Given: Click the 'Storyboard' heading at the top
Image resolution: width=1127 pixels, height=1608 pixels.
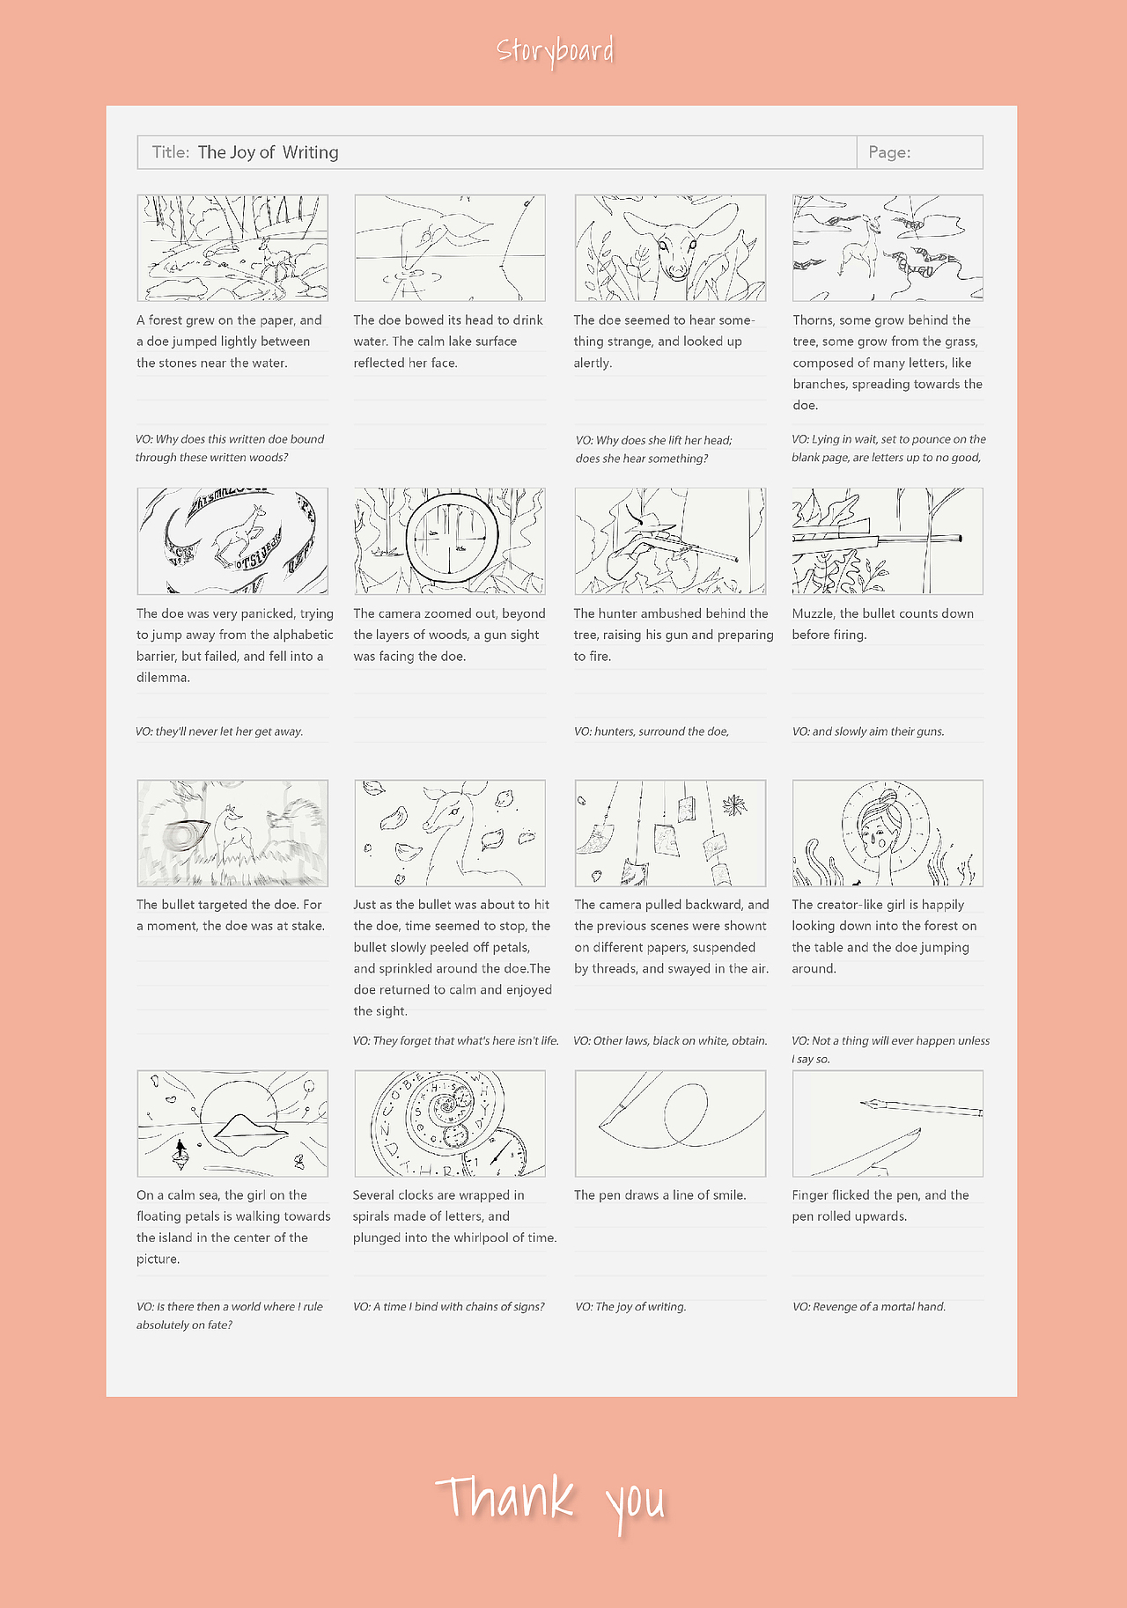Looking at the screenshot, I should pyautogui.click(x=555, y=51).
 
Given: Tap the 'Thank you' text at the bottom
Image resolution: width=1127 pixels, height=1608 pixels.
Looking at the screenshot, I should pyautogui.click(x=551, y=1500).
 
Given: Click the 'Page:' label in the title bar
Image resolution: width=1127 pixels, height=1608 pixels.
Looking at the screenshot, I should pyautogui.click(x=889, y=152).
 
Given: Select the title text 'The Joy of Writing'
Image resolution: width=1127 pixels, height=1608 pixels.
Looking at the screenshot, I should pyautogui.click(x=268, y=152).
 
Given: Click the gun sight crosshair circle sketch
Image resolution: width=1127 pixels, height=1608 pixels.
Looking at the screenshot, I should pyautogui.click(x=452, y=538).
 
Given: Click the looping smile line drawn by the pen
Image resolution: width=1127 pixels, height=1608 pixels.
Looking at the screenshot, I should pyautogui.click(x=685, y=1114).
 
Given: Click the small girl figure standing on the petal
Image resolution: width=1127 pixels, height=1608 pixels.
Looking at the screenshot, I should pyautogui.click(x=181, y=1148).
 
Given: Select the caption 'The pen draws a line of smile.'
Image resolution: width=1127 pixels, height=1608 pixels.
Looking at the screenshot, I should pyautogui.click(x=659, y=1195).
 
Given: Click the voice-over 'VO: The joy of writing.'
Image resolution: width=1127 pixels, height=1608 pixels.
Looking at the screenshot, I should pyautogui.click(x=630, y=1307).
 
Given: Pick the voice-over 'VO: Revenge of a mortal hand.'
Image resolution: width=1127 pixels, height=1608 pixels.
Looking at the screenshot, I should pyautogui.click(x=868, y=1307).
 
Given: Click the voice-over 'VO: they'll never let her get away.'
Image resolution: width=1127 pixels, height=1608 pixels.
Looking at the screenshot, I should pyautogui.click(x=219, y=731).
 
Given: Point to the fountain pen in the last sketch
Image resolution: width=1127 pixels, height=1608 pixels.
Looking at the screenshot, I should pyautogui.click(x=920, y=1106).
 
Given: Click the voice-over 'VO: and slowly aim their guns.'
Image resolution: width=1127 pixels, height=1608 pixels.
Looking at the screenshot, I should pyautogui.click(x=867, y=731).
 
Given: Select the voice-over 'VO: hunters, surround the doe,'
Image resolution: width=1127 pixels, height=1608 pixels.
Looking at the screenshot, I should pyautogui.click(x=651, y=731).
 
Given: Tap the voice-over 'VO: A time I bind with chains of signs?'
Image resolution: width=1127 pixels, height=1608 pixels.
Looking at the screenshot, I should pyautogui.click(x=448, y=1307).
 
